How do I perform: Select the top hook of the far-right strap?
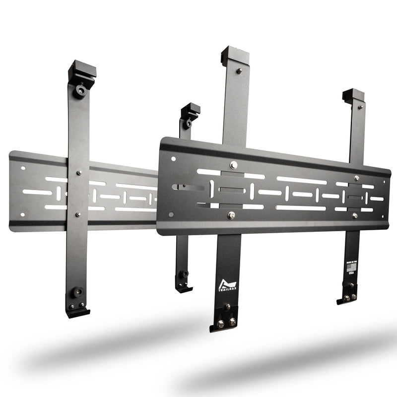[x=353, y=95]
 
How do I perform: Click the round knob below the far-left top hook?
[x=80, y=91]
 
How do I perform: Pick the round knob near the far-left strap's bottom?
[x=77, y=292]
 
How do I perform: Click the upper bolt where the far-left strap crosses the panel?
[x=79, y=173]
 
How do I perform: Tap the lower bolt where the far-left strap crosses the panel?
[x=77, y=214]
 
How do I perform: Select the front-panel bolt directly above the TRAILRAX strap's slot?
[x=233, y=164]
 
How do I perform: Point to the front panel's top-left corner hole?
[x=173, y=159]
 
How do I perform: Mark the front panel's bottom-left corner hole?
[x=171, y=215]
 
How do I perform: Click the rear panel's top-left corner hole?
[x=23, y=168]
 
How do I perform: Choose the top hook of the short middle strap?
[x=190, y=110]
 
